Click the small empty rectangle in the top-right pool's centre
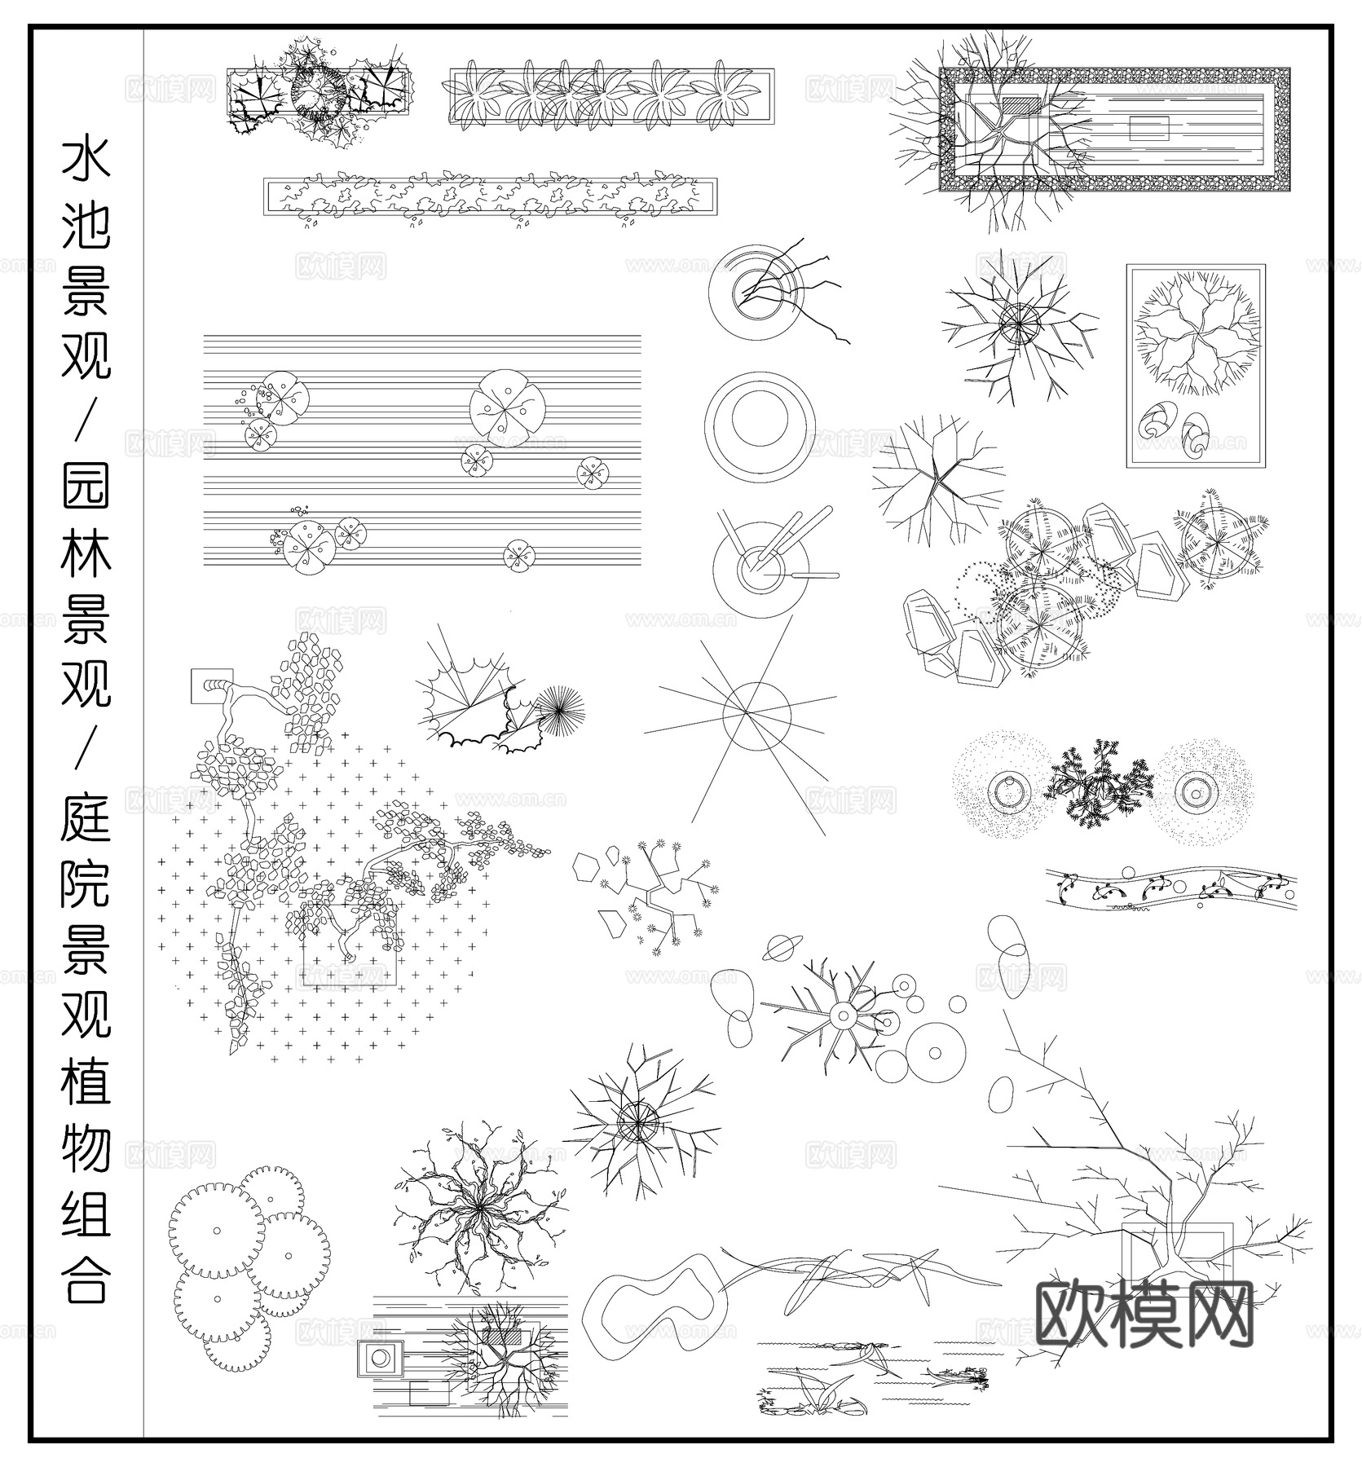click(x=1149, y=127)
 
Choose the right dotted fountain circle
click(x=1196, y=789)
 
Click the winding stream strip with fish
click(x=1171, y=890)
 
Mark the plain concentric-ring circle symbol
click(x=760, y=421)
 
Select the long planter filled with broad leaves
click(x=611, y=97)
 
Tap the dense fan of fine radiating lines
click(x=558, y=708)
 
